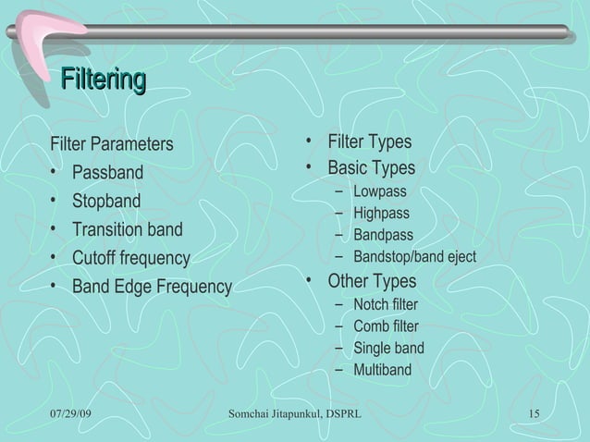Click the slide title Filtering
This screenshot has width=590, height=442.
point(103,80)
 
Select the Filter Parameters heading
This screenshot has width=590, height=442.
point(111,144)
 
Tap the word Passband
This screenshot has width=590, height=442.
point(108,173)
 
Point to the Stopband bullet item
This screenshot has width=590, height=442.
point(106,202)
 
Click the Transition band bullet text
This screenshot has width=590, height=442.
point(128,229)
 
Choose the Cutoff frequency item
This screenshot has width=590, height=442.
point(130,258)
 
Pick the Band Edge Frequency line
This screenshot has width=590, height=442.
point(152,287)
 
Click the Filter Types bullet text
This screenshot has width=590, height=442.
point(370,142)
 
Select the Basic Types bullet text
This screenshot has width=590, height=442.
point(371,169)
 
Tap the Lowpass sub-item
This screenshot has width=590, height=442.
point(379,192)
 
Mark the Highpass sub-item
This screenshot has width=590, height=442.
point(381,214)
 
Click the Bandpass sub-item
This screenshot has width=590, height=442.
point(383,235)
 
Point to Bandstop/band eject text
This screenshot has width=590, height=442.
point(414,256)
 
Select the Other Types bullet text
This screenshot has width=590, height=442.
point(372,281)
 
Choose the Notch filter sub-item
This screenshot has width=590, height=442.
point(385,304)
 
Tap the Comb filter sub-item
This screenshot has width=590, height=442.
point(386,326)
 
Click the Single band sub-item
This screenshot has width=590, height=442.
point(388,349)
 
